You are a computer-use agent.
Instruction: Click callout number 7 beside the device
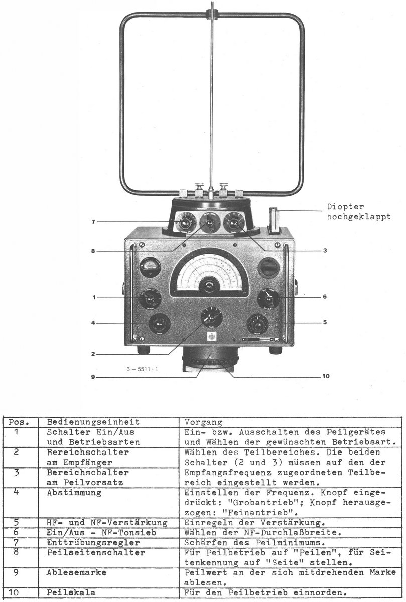[93, 222]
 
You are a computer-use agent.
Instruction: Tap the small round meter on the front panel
[150, 267]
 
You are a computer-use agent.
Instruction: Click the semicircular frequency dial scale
[210, 271]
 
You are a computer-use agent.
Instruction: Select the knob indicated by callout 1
[150, 298]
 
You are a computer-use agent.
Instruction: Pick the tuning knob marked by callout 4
[159, 323]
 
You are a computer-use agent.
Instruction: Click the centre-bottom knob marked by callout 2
[211, 317]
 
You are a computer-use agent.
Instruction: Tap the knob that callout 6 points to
[268, 298]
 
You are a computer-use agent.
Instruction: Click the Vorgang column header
[203, 422]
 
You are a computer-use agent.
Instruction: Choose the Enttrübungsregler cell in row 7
[93, 543]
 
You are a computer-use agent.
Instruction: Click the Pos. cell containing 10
[16, 593]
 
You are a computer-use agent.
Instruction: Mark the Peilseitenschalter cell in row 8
[95, 553]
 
